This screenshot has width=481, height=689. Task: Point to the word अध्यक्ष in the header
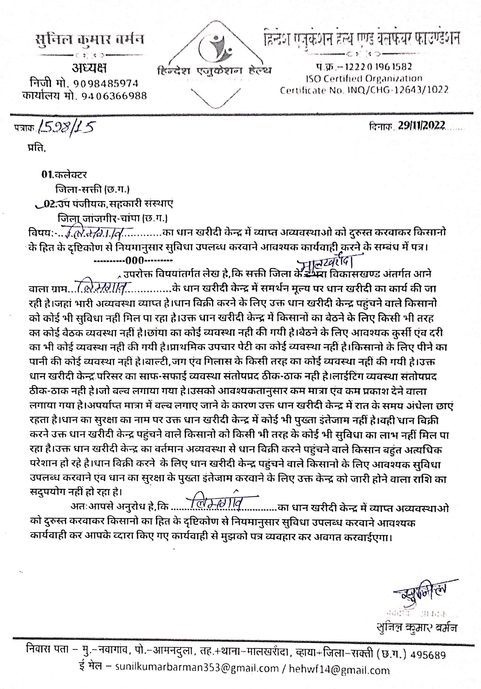pos(89,69)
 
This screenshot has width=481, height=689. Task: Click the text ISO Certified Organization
pos(364,79)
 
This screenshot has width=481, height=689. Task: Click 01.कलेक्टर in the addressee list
pos(64,174)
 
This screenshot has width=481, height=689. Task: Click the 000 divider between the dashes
pos(135,260)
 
